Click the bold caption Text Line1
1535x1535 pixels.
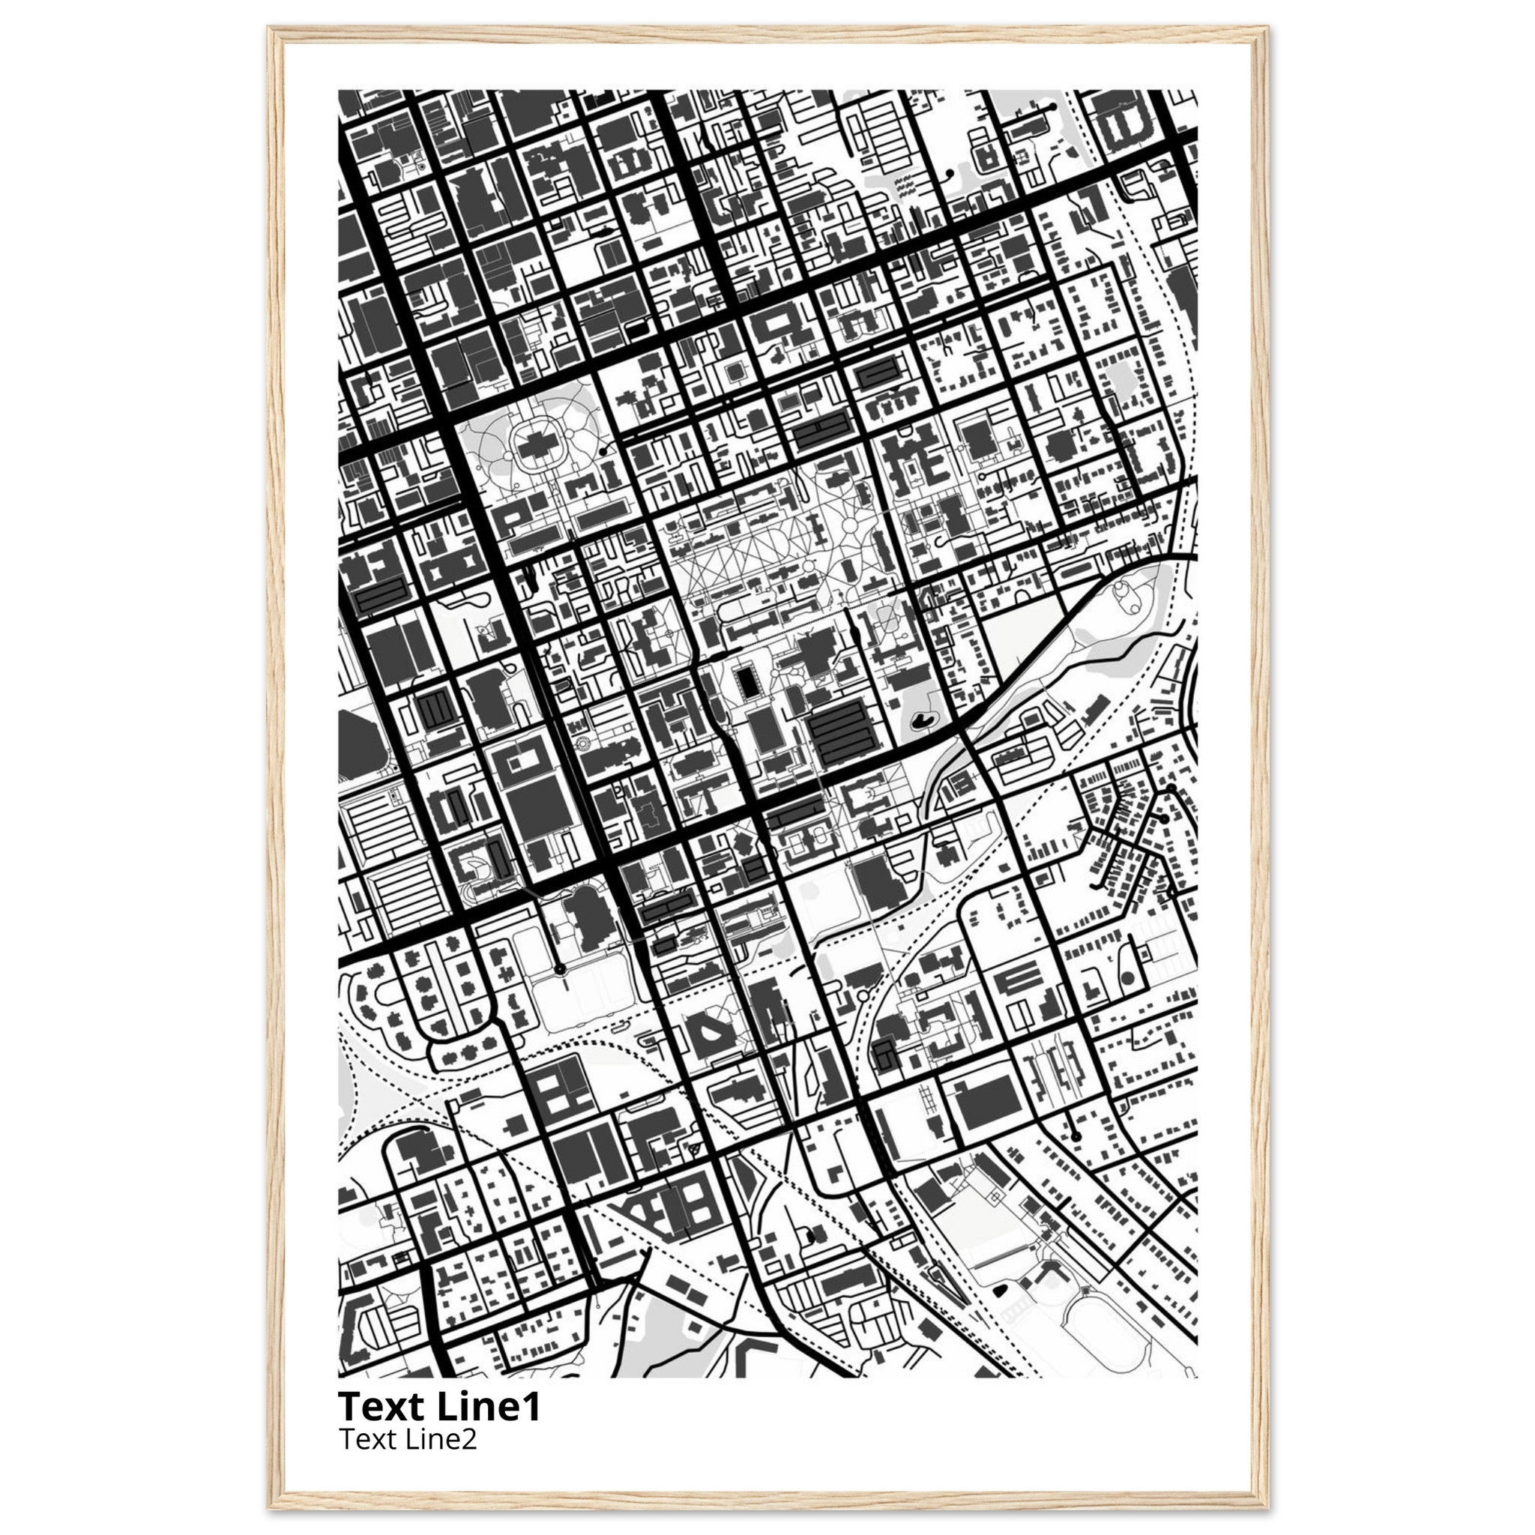439,1405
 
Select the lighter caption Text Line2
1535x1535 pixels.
408,1439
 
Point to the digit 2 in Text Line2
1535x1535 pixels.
468,1439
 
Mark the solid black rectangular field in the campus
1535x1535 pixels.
746,680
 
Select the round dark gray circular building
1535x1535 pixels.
1126,978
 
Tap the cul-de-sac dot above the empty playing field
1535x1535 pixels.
559,969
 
